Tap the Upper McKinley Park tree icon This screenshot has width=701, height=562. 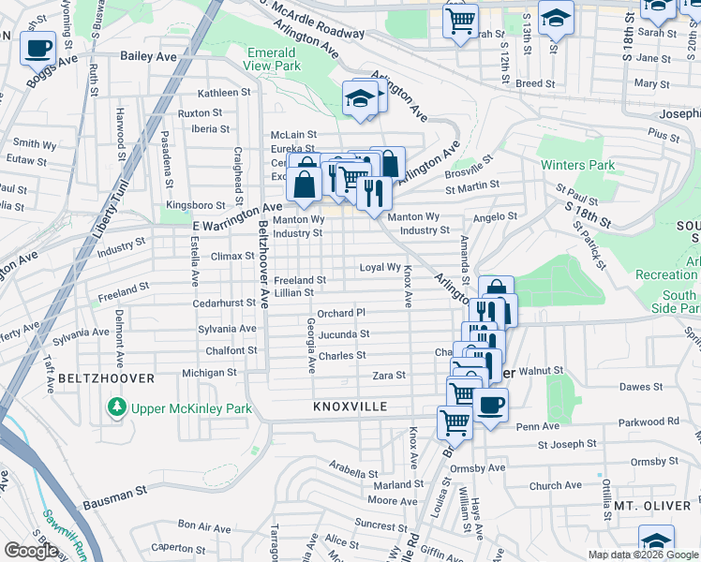pyautogui.click(x=116, y=407)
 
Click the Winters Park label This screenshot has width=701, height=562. pyautogui.click(x=577, y=166)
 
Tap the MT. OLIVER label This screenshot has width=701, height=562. pyautogui.click(x=652, y=506)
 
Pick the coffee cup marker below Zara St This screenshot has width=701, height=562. pyautogui.click(x=490, y=406)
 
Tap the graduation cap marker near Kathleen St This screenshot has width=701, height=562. pyautogui.click(x=360, y=99)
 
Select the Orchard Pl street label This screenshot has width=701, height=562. pyautogui.click(x=340, y=313)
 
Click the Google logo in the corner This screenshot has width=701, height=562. pyautogui.click(x=30, y=551)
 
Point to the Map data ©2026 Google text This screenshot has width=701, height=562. pyautogui.click(x=643, y=555)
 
